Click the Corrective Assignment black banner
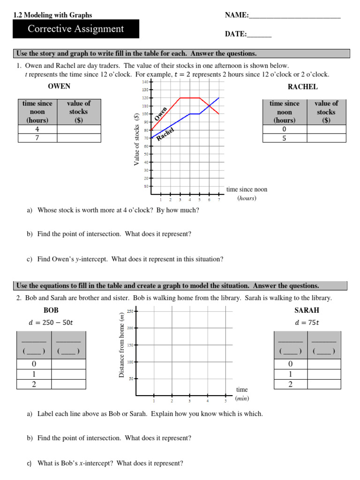point(76,29)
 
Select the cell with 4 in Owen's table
point(37,129)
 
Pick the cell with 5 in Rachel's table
point(284,138)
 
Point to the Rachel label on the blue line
point(165,134)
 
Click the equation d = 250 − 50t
point(51,322)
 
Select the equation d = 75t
point(307,322)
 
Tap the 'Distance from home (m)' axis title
point(121,345)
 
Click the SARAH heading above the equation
point(307,310)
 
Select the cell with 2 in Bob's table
point(34,384)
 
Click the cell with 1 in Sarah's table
point(290,374)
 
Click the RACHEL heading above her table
point(302,87)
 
